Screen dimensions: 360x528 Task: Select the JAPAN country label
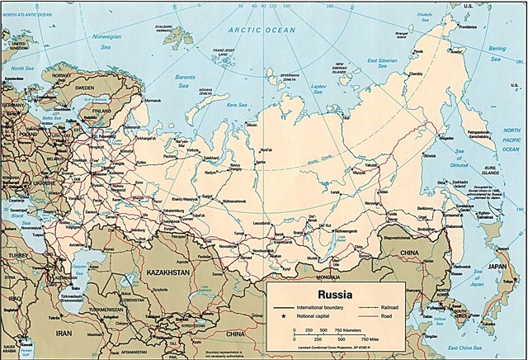point(495,266)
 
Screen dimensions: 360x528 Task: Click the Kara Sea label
point(239,106)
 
